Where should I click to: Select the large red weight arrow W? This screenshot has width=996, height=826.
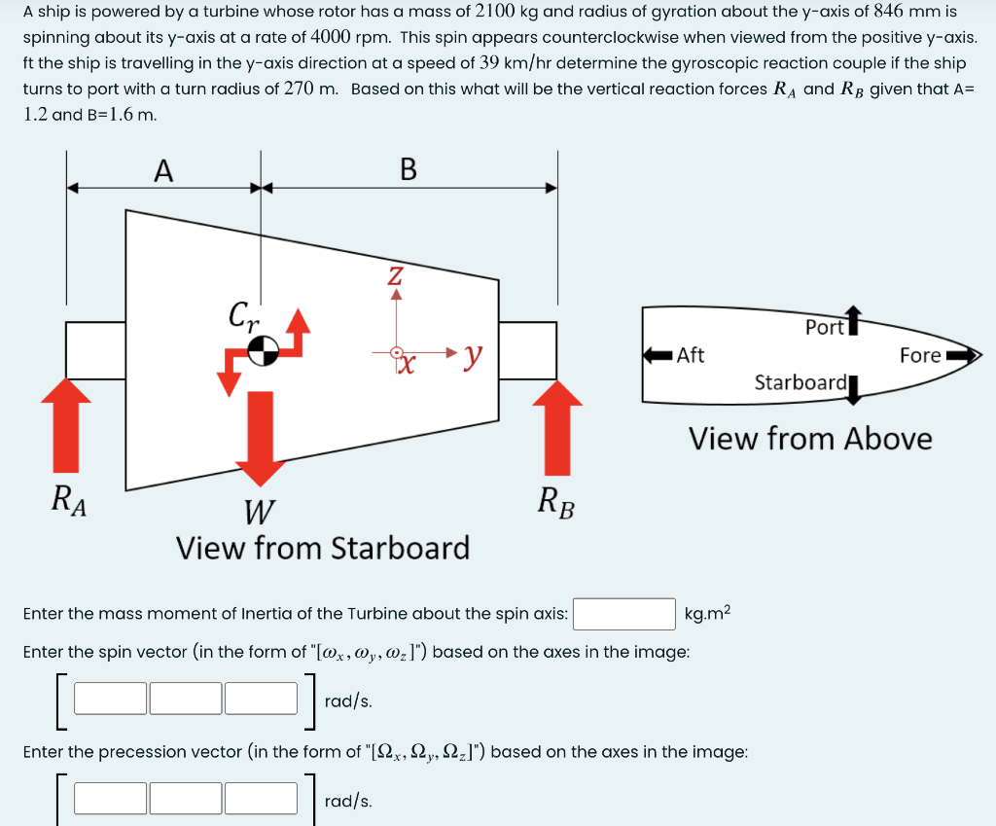click(x=259, y=438)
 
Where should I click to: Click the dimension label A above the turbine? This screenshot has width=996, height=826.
click(x=163, y=170)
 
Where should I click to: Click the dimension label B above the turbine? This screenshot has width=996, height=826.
click(x=409, y=170)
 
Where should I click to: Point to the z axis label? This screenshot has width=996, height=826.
click(x=395, y=275)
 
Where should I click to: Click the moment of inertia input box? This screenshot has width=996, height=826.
click(x=623, y=614)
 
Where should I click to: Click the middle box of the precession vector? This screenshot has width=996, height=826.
click(x=186, y=799)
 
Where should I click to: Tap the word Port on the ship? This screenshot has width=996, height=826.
click(x=825, y=328)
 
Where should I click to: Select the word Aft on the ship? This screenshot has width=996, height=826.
click(x=691, y=355)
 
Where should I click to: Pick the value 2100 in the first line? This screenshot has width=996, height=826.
click(x=501, y=13)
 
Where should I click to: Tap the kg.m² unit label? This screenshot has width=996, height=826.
click(x=707, y=614)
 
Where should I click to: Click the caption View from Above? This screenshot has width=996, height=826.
click(x=810, y=439)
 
